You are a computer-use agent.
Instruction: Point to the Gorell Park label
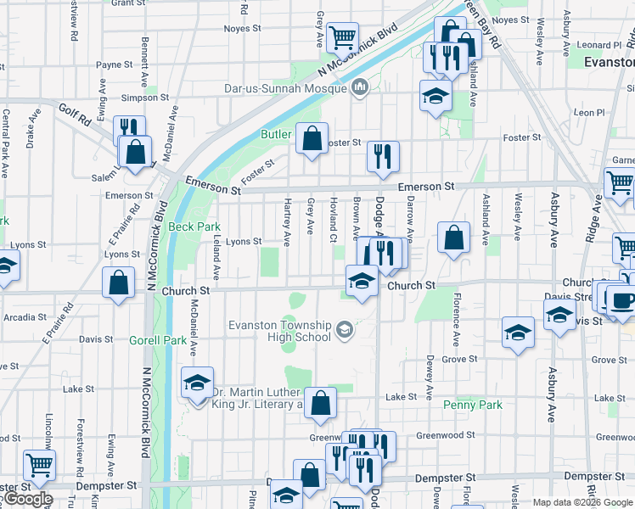157,340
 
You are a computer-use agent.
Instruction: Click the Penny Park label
473,405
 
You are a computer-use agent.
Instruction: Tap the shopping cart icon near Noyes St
342,36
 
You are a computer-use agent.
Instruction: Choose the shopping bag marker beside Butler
312,137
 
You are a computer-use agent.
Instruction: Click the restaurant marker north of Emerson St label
383,155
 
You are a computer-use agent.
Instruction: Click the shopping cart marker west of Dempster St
39,464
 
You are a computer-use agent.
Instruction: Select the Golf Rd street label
74,110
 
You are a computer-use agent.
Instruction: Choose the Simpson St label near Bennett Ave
140,98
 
